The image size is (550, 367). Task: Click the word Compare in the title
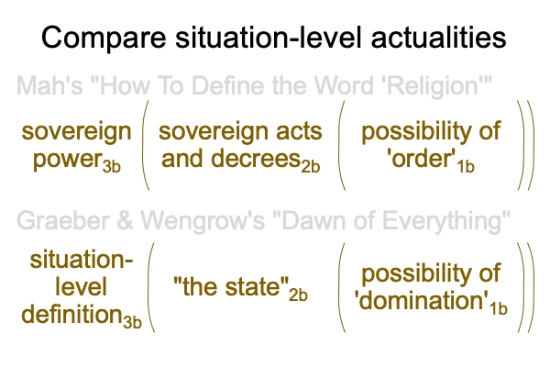tap(104, 38)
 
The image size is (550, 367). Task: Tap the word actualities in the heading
tap(438, 37)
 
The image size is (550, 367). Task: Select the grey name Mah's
tap(49, 85)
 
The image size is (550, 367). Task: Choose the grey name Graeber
tap(62, 221)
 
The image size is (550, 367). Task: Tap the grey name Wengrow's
tap(203, 222)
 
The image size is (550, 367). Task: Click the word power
tap(67, 160)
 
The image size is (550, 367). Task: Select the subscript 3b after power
tap(112, 166)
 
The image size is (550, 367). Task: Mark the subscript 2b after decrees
tap(311, 166)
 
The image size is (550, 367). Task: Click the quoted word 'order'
tap(422, 159)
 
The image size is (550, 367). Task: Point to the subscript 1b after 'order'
tap(466, 166)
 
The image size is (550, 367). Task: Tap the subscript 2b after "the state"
tap(298, 295)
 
